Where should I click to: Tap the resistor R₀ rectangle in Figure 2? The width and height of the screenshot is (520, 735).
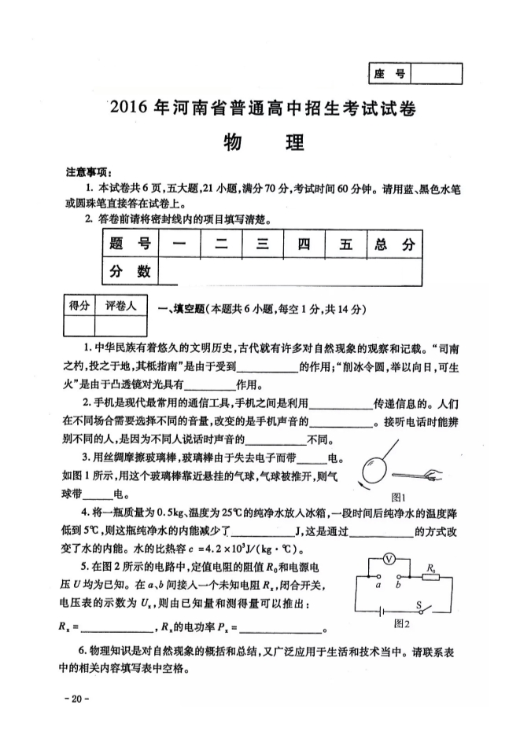click(430, 575)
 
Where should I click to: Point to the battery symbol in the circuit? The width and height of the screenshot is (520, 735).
click(385, 610)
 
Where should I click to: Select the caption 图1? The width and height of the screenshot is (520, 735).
click(399, 497)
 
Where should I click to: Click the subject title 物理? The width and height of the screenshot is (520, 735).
click(259, 144)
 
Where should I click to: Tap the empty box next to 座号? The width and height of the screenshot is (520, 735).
click(437, 74)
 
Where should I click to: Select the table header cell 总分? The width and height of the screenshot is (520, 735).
click(394, 244)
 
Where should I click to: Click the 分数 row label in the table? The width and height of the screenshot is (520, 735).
click(130, 271)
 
